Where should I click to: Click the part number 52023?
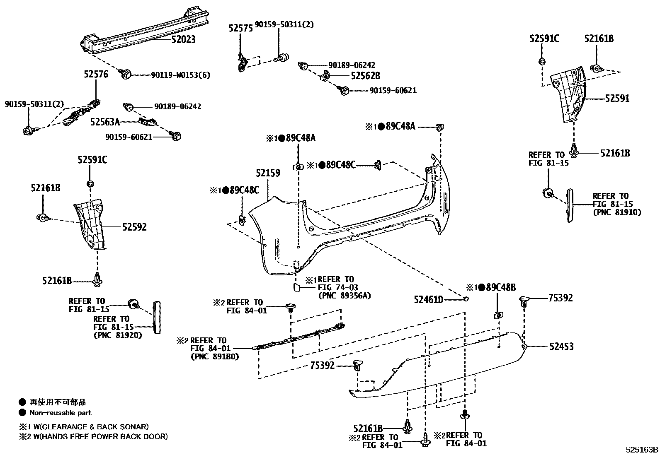pyautogui.click(x=183, y=40)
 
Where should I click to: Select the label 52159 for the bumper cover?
pyautogui.click(x=268, y=173)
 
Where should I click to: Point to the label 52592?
pyautogui.click(x=134, y=227)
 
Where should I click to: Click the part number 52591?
pyautogui.click(x=617, y=99)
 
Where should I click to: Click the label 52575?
pyautogui.click(x=240, y=28)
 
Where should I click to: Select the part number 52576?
pyautogui.click(x=96, y=74)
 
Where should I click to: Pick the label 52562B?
pyautogui.click(x=365, y=76)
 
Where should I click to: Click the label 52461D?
pyautogui.click(x=428, y=299)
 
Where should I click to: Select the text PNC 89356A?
pyautogui.click(x=344, y=296)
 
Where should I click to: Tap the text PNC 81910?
pyautogui.click(x=616, y=212)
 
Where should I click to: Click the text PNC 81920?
pyautogui.click(x=117, y=335)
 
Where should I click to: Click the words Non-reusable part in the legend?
pyautogui.click(x=60, y=413)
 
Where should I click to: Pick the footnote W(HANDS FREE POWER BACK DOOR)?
pyautogui.click(x=99, y=436)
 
